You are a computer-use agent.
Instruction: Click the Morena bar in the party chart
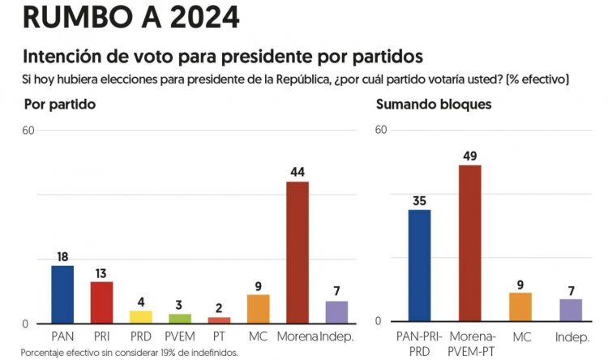coord(297,252)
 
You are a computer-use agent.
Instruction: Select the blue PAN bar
coord(62,294)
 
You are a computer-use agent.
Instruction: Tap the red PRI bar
coord(101,302)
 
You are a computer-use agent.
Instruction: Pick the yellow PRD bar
coord(140,317)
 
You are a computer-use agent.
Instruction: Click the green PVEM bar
coord(180,319)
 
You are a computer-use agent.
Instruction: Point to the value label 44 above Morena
coord(298,172)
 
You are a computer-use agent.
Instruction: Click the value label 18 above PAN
coord(62,257)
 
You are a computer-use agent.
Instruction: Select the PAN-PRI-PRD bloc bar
coord(419,265)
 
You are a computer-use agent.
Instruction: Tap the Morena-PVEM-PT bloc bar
coord(469,243)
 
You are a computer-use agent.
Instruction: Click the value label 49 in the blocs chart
coord(470,156)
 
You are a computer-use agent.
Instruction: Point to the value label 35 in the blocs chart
coord(419,200)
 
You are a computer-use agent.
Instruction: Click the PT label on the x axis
coord(219,336)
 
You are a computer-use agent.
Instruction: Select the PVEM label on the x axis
coord(179,336)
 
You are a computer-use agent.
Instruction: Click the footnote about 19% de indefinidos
coord(130,353)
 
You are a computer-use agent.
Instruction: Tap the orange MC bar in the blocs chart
coord(520,306)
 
